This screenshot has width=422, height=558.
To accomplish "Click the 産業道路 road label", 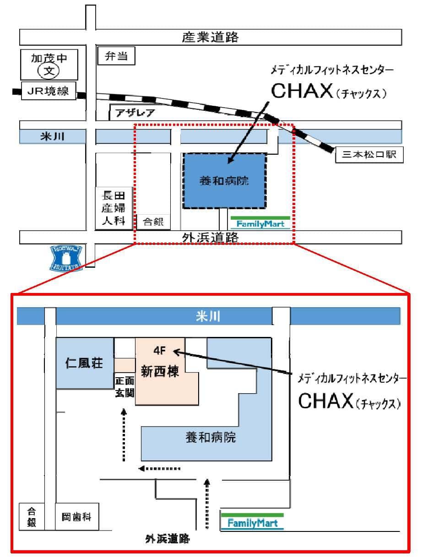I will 211,38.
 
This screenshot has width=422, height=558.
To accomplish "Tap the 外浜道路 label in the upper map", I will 211,237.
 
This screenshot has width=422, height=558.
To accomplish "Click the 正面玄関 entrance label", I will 124,387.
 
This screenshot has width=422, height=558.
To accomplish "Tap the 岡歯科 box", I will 76,517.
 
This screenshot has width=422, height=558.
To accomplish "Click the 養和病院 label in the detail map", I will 211,438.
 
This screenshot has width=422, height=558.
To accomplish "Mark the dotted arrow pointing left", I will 160,468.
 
